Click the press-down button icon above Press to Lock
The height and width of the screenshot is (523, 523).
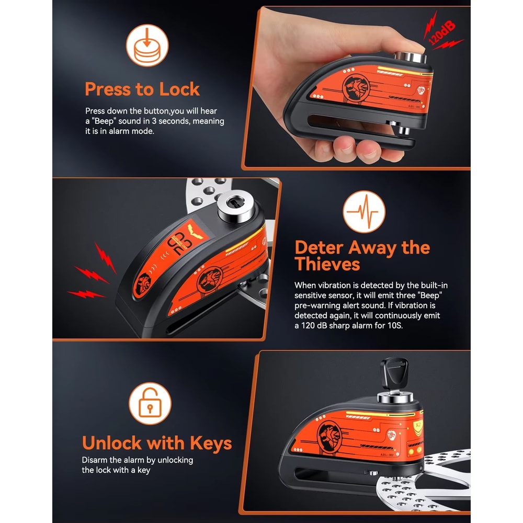tap(147, 46)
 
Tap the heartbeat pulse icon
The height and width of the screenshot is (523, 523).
tap(364, 211)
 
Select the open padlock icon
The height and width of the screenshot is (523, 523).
tap(150, 403)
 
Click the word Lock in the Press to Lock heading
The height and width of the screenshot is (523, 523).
tap(179, 89)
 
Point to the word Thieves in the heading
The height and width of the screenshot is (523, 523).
tap(327, 264)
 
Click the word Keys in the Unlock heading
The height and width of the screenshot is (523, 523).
tap(211, 444)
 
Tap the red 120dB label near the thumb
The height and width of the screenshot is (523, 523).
tap(441, 32)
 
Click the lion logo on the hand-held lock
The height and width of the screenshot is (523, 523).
tap(356, 88)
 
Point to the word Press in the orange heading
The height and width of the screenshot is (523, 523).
tap(107, 89)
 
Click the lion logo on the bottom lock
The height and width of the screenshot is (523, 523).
tap(330, 436)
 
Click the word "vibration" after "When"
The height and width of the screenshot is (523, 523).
tap(334, 285)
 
